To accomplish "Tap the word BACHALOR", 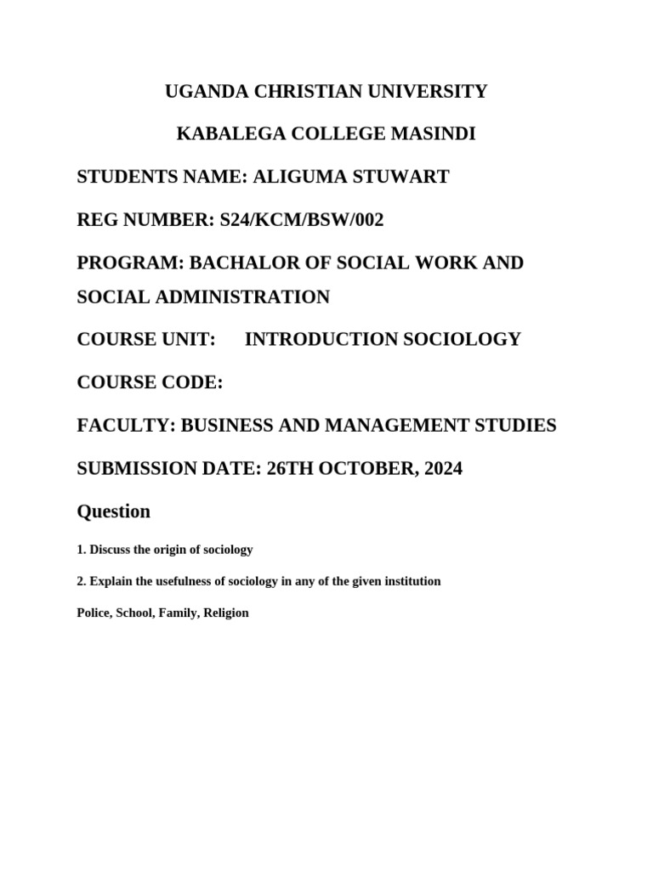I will [x=241, y=263].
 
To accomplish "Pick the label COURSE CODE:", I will [x=150, y=382].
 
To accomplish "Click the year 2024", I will [x=440, y=468].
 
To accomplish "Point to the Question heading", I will [x=114, y=511].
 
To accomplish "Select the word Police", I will [x=93, y=613].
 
